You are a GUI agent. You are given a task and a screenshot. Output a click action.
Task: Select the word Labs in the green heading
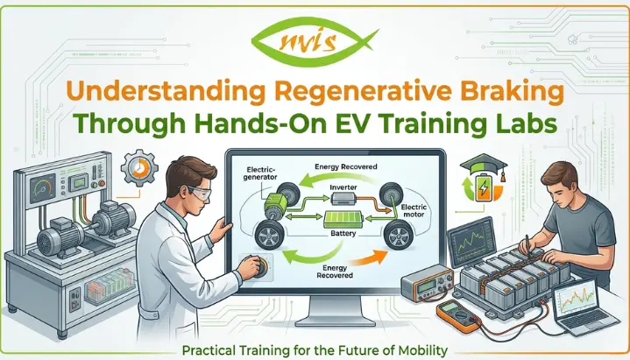click(x=524, y=124)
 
